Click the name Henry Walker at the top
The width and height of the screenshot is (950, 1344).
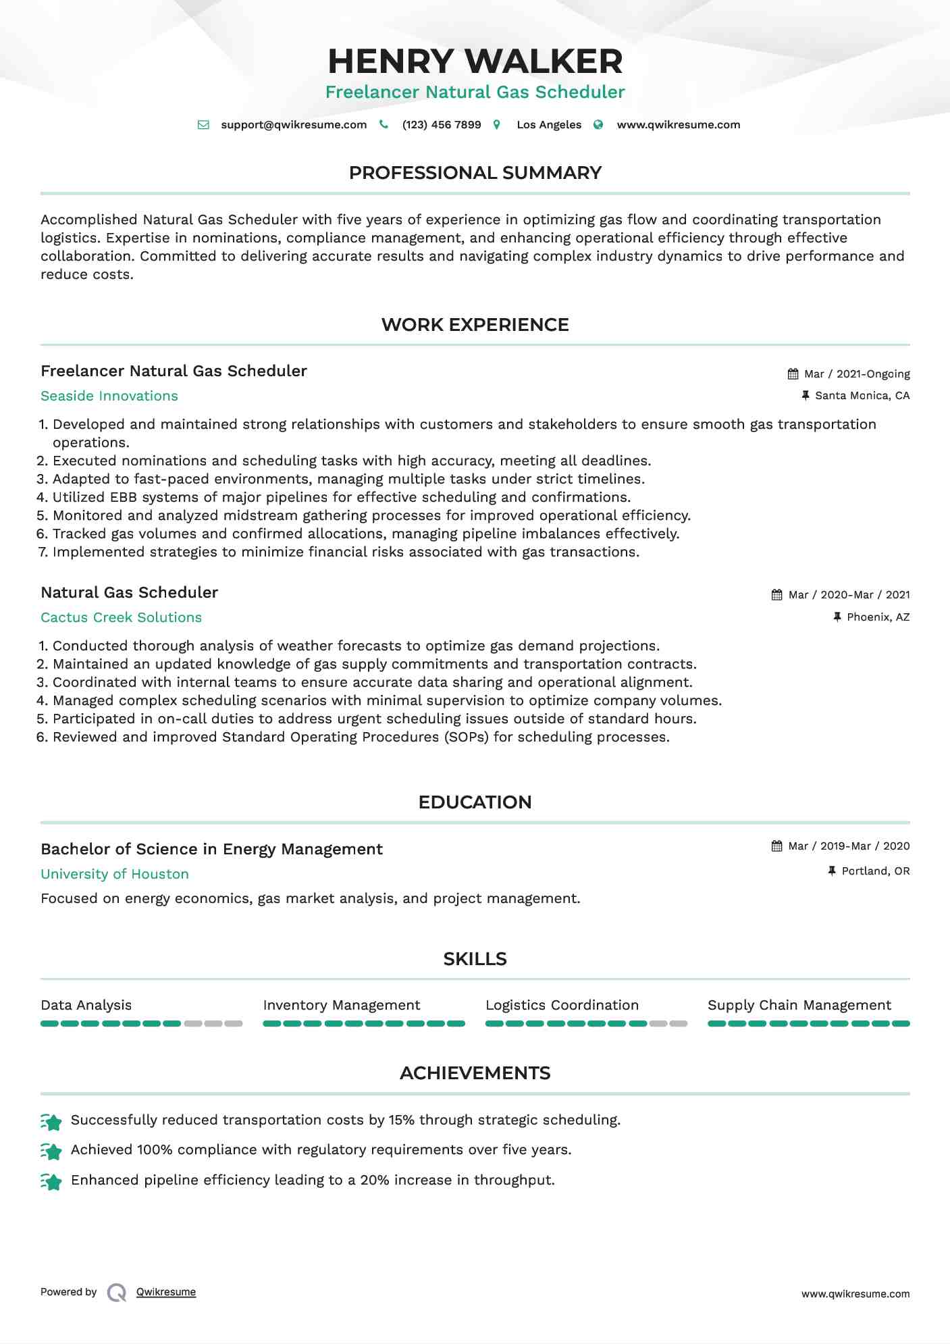point(475,61)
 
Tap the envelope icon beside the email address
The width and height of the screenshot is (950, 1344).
point(203,125)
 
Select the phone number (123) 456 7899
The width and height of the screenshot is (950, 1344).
point(442,125)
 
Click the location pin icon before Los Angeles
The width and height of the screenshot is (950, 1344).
point(497,125)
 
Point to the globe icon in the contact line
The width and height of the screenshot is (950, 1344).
point(598,125)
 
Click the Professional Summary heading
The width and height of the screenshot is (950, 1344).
point(475,173)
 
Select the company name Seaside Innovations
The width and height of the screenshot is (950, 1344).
point(109,396)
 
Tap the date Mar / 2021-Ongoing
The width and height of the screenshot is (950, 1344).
point(857,374)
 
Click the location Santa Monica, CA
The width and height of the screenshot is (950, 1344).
point(862,396)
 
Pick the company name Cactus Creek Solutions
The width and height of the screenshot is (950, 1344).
point(122,617)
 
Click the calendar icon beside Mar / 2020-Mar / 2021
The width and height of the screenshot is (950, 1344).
point(777,595)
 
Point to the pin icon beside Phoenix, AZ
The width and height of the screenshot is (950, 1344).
point(837,617)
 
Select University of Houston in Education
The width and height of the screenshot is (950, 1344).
point(115,874)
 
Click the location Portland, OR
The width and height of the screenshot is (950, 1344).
point(876,871)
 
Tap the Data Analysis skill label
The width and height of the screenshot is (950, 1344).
point(86,1005)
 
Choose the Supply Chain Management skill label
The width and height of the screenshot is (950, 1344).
point(799,1005)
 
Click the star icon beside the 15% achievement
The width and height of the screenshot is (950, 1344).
point(51,1121)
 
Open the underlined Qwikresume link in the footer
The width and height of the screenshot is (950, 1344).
point(166,1292)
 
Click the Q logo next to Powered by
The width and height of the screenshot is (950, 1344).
point(117,1293)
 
